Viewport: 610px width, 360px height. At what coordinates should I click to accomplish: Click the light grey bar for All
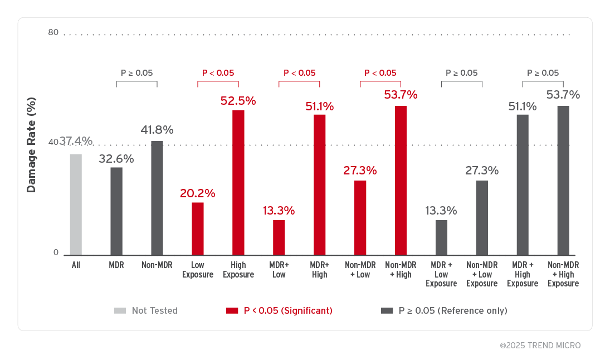click(x=76, y=205)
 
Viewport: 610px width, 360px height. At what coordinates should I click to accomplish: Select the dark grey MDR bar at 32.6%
click(x=116, y=211)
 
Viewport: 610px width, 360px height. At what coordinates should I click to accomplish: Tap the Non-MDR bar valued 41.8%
click(x=157, y=198)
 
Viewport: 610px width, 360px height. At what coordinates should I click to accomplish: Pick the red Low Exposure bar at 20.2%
click(x=198, y=228)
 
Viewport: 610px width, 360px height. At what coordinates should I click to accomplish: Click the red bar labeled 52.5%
click(x=238, y=183)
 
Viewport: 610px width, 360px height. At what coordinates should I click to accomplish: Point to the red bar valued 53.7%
click(x=401, y=181)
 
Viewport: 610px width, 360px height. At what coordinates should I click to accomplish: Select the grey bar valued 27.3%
click(x=482, y=217)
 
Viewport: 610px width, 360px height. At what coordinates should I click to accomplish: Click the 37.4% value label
click(x=77, y=141)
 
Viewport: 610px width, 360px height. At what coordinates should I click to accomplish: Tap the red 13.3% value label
click(x=279, y=211)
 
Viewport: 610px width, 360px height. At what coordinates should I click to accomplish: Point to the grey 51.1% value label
click(x=523, y=106)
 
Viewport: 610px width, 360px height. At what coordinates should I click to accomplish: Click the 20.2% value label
click(x=197, y=193)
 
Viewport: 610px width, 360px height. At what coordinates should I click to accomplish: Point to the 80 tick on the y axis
click(x=53, y=32)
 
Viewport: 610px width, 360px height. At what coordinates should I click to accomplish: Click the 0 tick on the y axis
click(x=56, y=252)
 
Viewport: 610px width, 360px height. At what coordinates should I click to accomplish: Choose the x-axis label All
click(x=76, y=265)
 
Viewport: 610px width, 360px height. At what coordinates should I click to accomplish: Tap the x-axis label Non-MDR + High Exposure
click(x=563, y=274)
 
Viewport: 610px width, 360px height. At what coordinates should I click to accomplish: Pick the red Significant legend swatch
click(x=232, y=310)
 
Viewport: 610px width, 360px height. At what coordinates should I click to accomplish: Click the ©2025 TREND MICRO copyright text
click(x=540, y=346)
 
